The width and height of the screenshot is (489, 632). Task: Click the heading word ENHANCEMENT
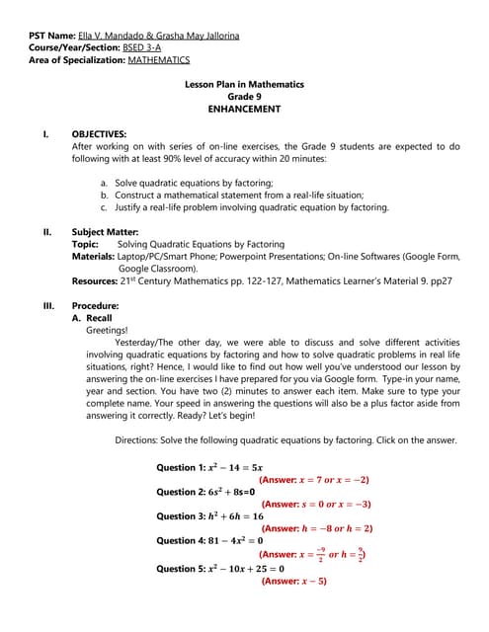click(x=244, y=109)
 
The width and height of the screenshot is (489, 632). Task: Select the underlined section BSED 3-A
click(x=143, y=48)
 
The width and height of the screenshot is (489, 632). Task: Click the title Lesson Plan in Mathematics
click(x=244, y=85)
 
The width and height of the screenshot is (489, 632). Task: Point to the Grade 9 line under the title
click(x=244, y=97)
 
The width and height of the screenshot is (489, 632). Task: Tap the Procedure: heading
click(x=96, y=306)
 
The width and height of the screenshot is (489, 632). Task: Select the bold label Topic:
click(x=85, y=244)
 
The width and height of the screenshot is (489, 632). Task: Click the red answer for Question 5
click(x=293, y=581)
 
